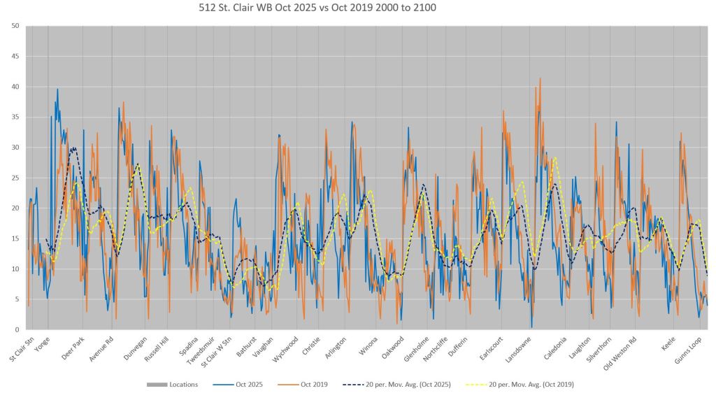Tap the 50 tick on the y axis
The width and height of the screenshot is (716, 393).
pos(15,26)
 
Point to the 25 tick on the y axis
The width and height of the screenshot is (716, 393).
pos(15,178)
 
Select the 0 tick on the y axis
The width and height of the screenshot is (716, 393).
pos(17,329)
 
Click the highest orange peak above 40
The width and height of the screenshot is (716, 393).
pos(540,78)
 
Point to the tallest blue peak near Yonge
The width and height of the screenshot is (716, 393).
pos(57,89)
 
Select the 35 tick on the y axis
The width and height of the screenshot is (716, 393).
pos(15,117)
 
